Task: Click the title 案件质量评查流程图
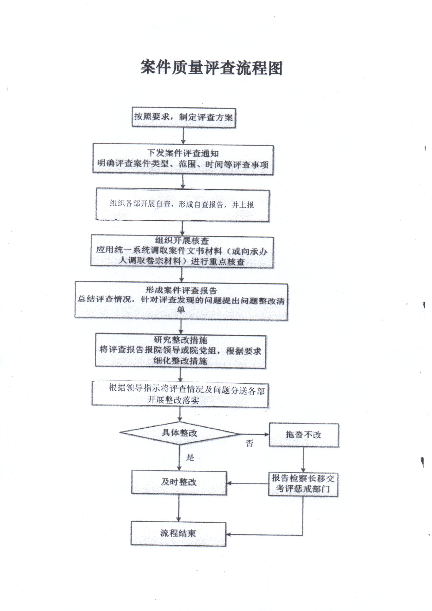211,68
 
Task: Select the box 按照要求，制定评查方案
184,117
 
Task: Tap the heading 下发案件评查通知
183,153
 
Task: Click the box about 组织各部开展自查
183,205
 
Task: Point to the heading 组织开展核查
182,241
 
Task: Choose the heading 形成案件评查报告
181,290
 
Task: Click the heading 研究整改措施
180,340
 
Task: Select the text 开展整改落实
173,400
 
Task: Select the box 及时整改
179,483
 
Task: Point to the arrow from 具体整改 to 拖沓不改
255,434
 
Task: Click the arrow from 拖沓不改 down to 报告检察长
303,460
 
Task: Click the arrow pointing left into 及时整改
248,483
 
